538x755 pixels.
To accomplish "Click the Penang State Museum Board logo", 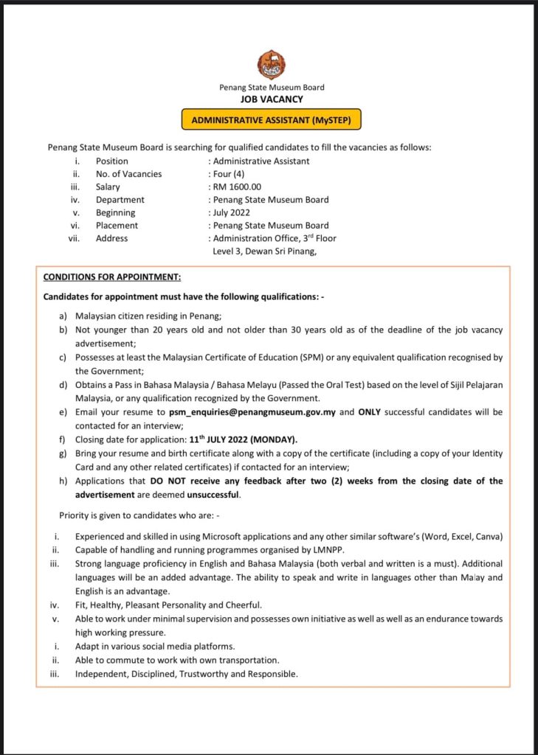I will (x=271, y=66).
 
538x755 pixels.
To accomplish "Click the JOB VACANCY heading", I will (x=272, y=98).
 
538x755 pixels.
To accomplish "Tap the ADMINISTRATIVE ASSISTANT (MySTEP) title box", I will (x=272, y=119).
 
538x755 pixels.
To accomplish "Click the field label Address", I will (x=111, y=238).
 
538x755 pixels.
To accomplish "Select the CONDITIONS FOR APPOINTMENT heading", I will (x=112, y=277).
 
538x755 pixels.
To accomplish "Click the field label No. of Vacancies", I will (x=128, y=174).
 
